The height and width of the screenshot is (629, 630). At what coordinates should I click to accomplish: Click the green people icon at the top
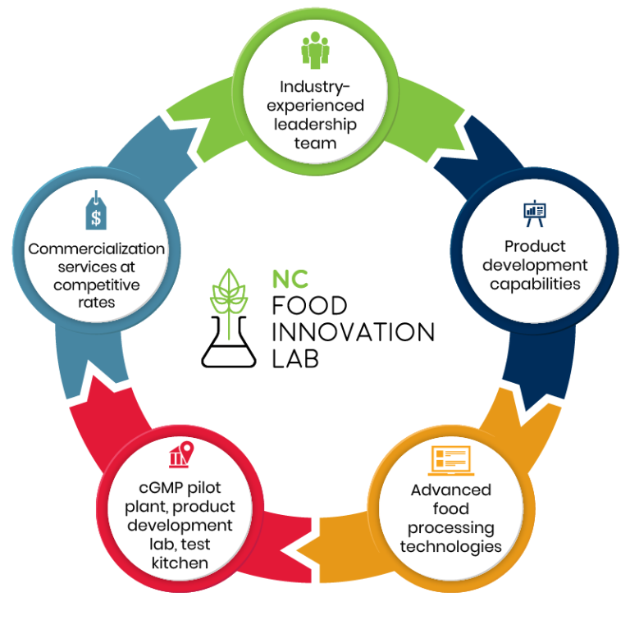point(316,51)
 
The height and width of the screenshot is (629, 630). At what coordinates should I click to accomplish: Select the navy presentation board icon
point(535,213)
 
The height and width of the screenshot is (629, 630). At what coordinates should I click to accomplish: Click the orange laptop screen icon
point(450,460)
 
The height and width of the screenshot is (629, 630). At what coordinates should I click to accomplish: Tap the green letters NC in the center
point(290,280)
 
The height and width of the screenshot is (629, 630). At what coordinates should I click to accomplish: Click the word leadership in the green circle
point(316,125)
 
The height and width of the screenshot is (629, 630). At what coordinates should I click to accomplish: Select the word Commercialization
point(97,248)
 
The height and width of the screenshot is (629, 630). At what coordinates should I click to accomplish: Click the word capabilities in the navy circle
point(535,284)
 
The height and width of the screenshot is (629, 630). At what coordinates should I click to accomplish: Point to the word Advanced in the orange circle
point(450,490)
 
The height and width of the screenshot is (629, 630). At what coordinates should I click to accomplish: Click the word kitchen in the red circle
point(180,563)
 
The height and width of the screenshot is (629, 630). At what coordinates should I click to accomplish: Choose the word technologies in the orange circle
point(450,545)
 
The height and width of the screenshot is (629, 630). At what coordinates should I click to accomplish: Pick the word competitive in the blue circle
point(97,285)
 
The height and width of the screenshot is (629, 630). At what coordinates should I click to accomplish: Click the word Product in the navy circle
point(535,246)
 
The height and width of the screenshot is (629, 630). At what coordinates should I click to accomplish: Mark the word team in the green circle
point(316,144)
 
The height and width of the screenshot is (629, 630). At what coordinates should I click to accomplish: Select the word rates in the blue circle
point(97,303)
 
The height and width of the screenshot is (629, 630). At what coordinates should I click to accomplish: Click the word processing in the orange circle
point(450,526)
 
